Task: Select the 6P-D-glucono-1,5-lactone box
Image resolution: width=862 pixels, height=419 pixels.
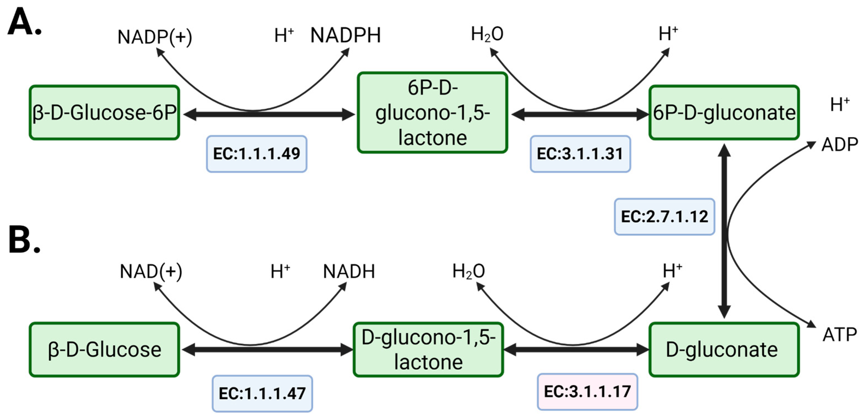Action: (x=432, y=113)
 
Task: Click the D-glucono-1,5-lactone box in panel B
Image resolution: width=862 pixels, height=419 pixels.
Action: (x=428, y=350)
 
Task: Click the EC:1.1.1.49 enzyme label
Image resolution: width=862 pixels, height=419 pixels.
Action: (x=257, y=154)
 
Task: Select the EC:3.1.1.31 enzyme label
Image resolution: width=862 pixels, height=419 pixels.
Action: (x=580, y=154)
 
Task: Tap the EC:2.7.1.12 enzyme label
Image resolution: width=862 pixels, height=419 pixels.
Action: (x=665, y=217)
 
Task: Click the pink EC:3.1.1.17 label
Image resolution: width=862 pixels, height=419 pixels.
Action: (x=588, y=392)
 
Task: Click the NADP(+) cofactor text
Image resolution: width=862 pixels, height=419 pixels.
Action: (x=155, y=37)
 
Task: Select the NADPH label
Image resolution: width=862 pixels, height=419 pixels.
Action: (x=346, y=35)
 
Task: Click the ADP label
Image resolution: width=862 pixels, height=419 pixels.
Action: (x=840, y=145)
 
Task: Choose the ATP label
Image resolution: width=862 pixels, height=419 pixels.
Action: (x=840, y=335)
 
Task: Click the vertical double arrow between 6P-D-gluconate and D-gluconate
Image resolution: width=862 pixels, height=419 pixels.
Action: (x=724, y=231)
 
